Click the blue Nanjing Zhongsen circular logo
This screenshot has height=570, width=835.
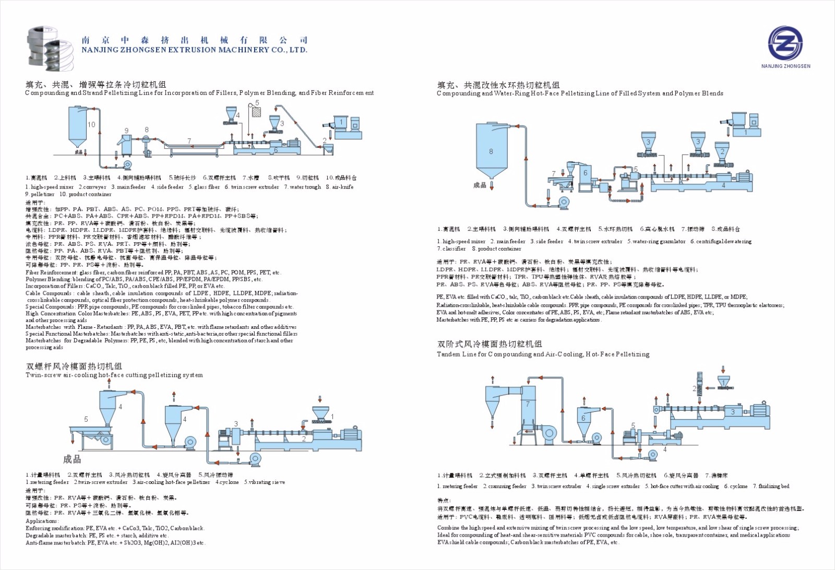[785, 43]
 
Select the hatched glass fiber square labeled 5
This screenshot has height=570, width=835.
[256, 112]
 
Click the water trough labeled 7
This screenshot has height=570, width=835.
[189, 146]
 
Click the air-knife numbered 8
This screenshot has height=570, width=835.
[147, 141]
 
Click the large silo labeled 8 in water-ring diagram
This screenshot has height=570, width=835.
[491, 151]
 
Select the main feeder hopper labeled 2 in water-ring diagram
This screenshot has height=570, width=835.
[722, 151]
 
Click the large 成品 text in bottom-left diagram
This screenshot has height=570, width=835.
[72, 459]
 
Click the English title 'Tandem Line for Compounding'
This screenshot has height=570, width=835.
[543, 354]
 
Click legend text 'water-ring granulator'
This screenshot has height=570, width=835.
[657, 242]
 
